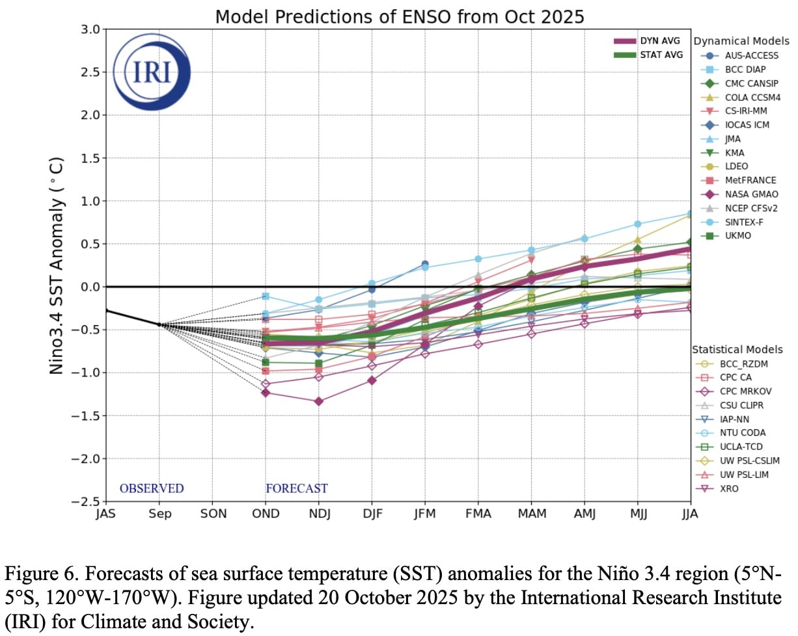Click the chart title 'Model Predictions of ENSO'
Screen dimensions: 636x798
pos(399,16)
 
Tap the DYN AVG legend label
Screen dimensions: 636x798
pos(661,41)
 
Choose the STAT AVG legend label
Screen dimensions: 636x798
pos(662,55)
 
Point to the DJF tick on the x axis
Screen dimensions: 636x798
pos(372,514)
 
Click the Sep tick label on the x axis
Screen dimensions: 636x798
pos(159,514)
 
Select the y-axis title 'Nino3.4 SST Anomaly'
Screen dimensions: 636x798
pos(58,265)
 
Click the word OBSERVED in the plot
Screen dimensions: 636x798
pos(152,488)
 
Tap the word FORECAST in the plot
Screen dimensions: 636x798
pos(296,488)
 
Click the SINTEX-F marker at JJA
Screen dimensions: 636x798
pos(691,213)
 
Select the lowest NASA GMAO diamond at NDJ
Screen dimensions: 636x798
pos(318,401)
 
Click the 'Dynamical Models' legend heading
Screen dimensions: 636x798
pos(741,41)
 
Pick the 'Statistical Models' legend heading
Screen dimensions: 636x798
pos(737,349)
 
